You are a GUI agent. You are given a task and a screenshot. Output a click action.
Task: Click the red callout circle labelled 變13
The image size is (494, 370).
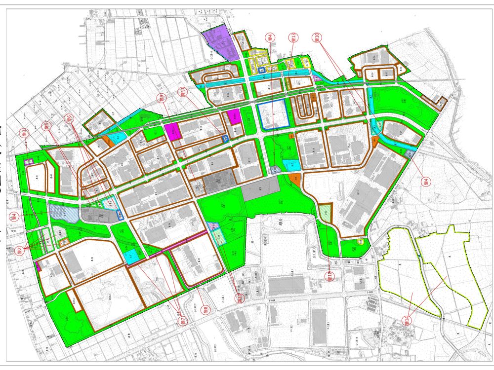[x=293, y=37]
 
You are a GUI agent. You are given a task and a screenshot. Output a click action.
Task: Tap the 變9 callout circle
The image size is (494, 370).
[x=160, y=98]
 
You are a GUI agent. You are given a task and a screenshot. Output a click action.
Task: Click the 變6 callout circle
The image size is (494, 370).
[x=69, y=118]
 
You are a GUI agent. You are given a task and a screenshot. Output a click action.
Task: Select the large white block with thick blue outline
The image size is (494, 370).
[x=273, y=114]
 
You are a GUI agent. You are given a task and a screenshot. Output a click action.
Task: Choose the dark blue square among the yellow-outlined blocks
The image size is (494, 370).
[x=262, y=71]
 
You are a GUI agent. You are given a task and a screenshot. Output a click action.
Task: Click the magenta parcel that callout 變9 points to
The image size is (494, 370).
[x=173, y=131]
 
